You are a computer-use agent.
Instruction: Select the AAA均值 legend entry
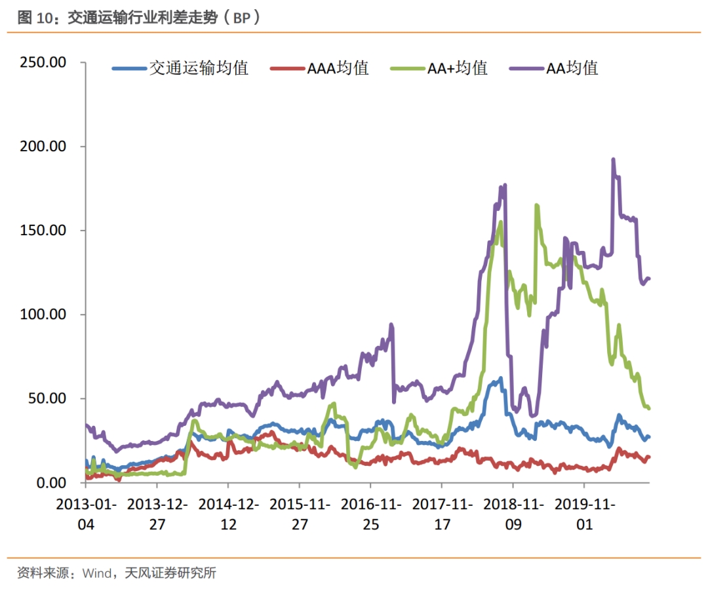pos(338,67)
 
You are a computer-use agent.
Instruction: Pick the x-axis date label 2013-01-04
pos(86,514)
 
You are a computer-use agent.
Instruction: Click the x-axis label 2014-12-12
pos(228,514)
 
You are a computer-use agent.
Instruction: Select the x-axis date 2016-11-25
pos(370,514)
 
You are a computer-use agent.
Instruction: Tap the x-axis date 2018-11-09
pos(513,514)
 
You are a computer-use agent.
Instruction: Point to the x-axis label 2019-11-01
pos(584,514)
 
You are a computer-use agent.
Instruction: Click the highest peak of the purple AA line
pos(613,159)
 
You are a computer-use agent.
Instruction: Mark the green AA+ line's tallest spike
pos(536,205)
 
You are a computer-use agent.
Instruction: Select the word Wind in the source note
pos(97,573)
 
